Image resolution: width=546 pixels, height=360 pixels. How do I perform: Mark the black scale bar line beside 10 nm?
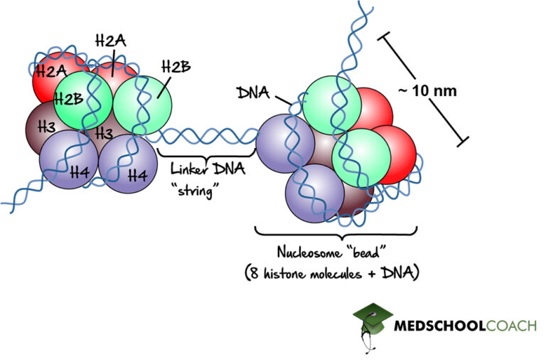tap(423, 90)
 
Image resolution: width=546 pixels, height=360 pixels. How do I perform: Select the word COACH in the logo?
tap(497, 327)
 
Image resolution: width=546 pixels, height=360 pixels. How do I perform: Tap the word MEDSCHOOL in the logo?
tap(432, 327)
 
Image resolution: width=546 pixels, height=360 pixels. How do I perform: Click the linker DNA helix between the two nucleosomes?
tap(206, 134)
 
